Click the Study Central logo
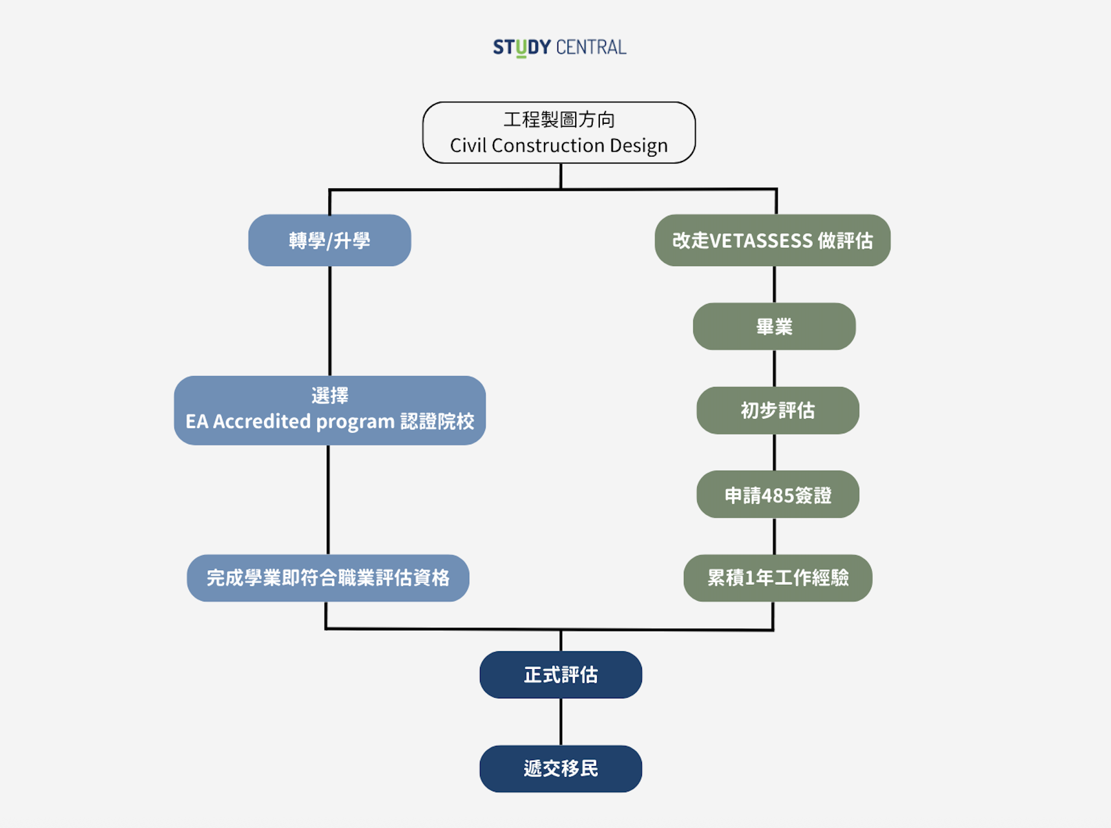tap(559, 48)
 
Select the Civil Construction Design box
tap(559, 133)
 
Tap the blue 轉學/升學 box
tap(329, 240)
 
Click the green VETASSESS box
tap(772, 240)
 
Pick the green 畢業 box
tap(774, 327)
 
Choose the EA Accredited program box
tap(329, 410)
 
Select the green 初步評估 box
tap(777, 411)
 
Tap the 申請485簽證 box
tap(777, 495)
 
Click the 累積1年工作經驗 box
tap(777, 578)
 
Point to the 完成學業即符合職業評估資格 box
tap(328, 578)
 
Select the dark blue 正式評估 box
tap(560, 675)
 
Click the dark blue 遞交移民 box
tap(560, 769)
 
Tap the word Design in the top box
tap(639, 146)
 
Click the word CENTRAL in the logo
tap(591, 48)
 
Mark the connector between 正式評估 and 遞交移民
tap(561, 722)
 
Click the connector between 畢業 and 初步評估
tap(774, 369)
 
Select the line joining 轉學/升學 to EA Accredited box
tap(330, 321)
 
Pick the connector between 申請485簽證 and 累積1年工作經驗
tap(774, 536)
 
